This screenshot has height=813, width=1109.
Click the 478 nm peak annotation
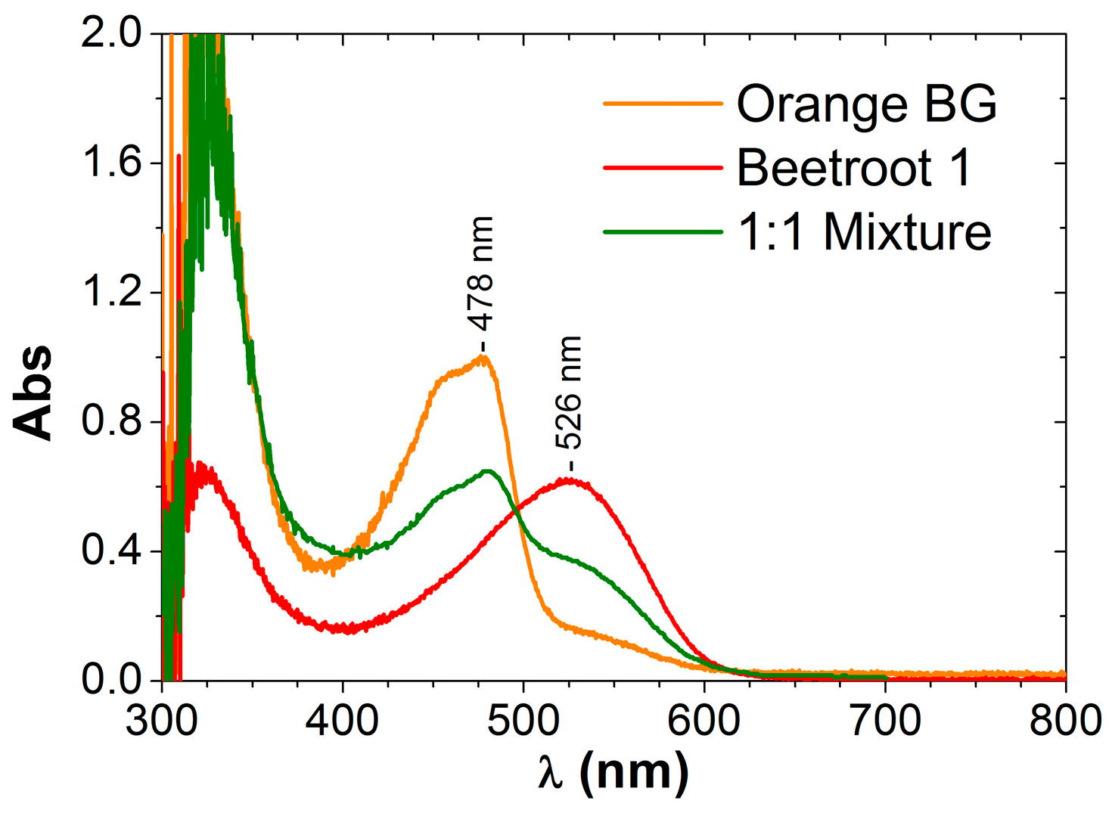[482, 275]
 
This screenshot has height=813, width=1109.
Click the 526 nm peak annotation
[569, 393]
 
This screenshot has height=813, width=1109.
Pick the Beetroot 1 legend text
[853, 167]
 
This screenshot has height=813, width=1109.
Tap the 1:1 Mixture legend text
[864, 231]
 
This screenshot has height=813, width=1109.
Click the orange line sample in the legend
[663, 103]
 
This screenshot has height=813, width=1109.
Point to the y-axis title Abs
[34, 393]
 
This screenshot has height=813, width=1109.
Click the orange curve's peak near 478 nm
[483, 358]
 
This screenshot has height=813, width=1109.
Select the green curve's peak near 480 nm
[487, 471]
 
